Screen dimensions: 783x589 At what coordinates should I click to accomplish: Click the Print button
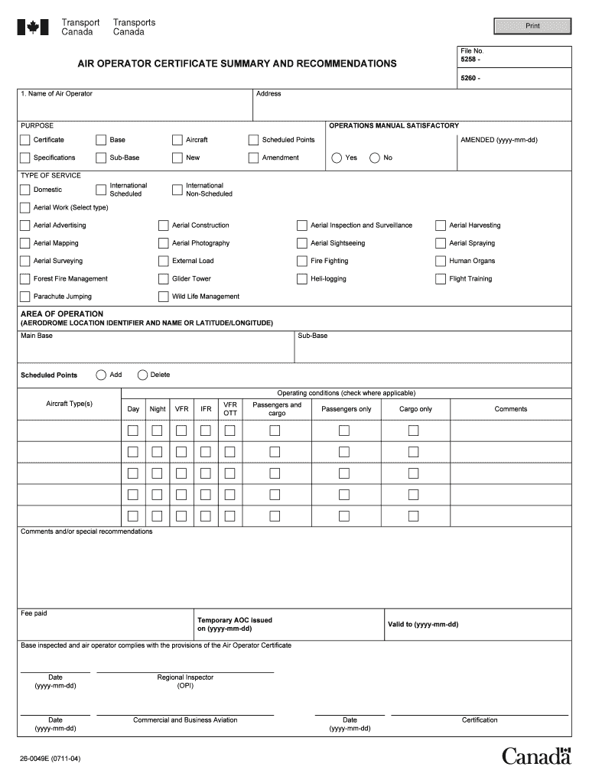532,26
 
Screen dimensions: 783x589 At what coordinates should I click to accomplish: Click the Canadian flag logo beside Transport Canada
33,28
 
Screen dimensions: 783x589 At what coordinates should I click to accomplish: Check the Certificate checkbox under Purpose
25,140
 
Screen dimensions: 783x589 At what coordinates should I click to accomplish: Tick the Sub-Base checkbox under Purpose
101,158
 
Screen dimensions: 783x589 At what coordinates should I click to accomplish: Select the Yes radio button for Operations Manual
337,158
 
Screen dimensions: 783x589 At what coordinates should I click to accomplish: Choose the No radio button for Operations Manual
375,158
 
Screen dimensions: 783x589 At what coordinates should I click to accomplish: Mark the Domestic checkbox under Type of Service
25,190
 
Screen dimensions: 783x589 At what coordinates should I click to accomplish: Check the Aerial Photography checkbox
164,243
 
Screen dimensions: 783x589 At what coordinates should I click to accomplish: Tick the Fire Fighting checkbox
302,261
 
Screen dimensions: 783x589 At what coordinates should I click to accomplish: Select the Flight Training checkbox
441,279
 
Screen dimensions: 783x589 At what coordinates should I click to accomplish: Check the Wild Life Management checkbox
164,297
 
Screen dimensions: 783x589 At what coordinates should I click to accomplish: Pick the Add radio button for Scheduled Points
101,375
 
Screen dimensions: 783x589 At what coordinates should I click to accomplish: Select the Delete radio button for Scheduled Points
142,375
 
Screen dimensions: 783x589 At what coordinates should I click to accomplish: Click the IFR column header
206,409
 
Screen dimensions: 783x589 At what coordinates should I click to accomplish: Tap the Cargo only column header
415,409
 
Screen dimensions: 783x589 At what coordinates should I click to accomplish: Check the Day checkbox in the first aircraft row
133,430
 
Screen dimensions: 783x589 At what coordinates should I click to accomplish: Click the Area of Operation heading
62,314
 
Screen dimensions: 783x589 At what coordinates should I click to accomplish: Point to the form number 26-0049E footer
50,759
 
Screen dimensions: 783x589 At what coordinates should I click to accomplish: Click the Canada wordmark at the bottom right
536,756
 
